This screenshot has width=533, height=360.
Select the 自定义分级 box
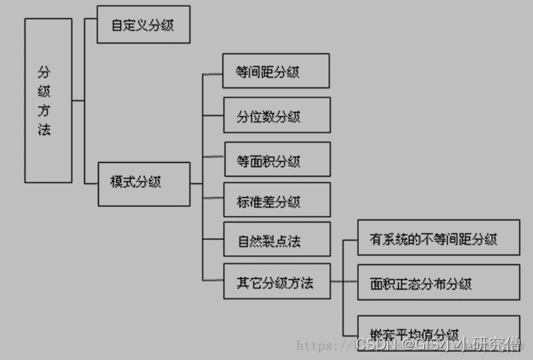point(144,25)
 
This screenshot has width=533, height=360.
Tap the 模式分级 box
point(144,182)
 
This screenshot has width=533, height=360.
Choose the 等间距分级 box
point(276,71)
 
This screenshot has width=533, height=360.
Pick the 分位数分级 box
point(276,115)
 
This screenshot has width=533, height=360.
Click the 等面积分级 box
point(276,160)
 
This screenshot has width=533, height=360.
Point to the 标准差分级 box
point(276,200)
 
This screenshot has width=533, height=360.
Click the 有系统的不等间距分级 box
point(439,240)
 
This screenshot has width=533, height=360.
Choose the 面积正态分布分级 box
point(439,284)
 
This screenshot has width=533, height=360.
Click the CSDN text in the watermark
point(371,345)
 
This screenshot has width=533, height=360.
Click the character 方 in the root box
point(44,110)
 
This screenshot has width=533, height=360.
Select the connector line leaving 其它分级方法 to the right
point(336,283)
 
